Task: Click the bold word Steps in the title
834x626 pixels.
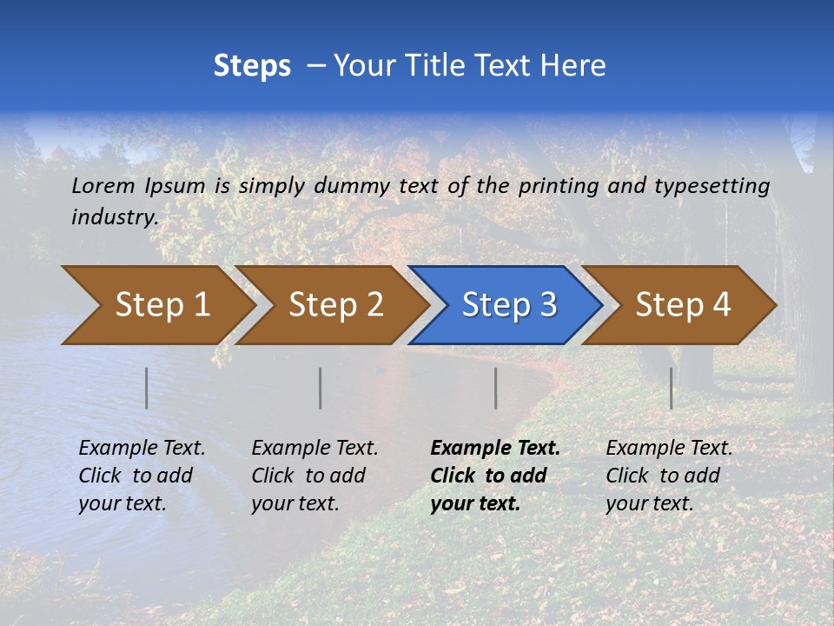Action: tap(252, 66)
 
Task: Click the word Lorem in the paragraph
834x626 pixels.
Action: tap(103, 186)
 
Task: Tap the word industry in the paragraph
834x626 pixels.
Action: tap(114, 217)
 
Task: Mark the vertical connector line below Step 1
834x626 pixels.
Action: tap(147, 388)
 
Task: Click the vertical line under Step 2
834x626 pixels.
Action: tap(321, 388)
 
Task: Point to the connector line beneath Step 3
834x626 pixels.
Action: tap(495, 388)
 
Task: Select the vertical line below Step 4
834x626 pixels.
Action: tap(671, 388)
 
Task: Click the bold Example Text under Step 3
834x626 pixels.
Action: tap(495, 449)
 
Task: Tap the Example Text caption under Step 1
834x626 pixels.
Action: tap(142, 449)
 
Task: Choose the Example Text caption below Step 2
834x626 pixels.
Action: tap(314, 449)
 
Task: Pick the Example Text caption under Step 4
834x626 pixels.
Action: tap(669, 449)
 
